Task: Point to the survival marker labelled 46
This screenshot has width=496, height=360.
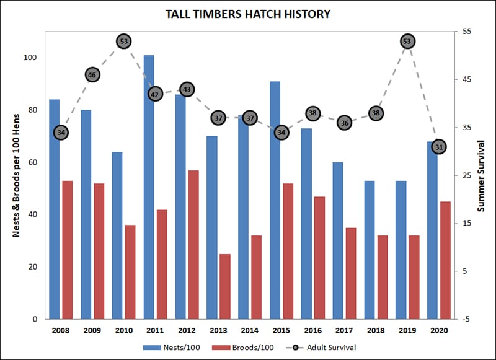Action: coord(92,75)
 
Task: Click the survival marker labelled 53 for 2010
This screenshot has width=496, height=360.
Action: coord(124,42)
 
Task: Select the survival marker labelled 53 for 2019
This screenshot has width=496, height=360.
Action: coord(407,42)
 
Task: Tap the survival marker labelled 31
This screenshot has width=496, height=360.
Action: coord(439,147)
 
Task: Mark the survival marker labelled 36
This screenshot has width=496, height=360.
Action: coord(345,123)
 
